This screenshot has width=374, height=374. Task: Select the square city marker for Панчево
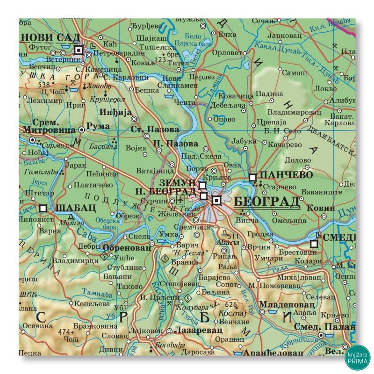click(253, 177)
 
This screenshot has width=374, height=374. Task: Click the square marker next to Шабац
click(43, 208)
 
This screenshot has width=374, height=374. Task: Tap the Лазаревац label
click(193, 330)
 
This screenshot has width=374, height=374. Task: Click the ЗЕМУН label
click(177, 182)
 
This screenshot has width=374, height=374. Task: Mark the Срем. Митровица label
click(48, 126)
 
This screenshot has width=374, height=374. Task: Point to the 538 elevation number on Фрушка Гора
click(44, 85)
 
